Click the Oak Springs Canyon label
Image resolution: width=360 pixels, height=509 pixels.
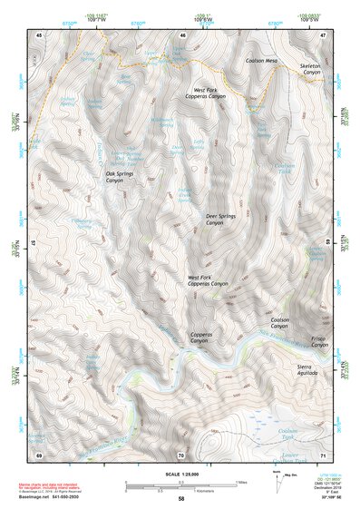click(x=127, y=177)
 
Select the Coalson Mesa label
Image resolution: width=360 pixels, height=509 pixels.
click(x=266, y=61)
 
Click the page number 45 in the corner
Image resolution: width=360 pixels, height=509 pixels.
click(x=39, y=34)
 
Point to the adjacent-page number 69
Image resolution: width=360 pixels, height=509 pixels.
click(x=39, y=453)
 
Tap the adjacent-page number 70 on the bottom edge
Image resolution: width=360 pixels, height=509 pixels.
click(x=181, y=453)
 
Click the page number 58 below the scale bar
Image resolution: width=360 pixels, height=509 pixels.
click(x=181, y=498)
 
